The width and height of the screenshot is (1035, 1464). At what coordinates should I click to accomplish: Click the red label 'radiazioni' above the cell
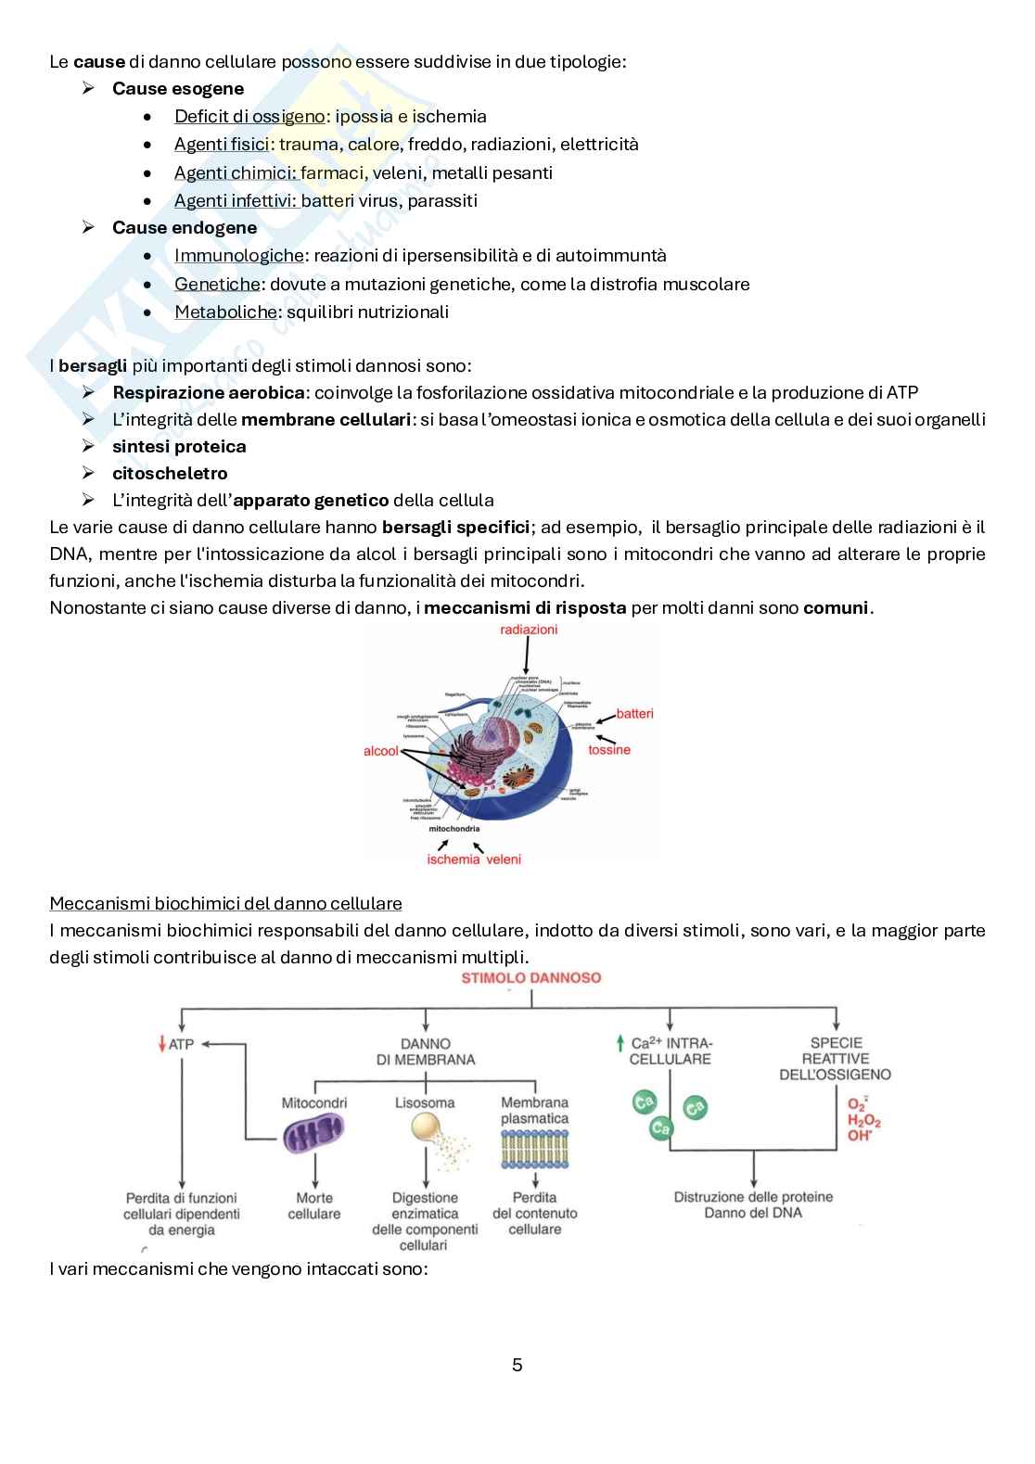[x=529, y=630]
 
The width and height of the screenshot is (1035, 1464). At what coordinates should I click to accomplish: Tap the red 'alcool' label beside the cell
[x=380, y=751]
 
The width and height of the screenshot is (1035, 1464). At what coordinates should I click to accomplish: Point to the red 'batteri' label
[x=634, y=713]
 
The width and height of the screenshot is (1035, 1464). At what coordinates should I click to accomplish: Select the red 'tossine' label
[x=608, y=749]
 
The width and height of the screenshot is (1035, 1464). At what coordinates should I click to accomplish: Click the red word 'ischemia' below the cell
[x=454, y=859]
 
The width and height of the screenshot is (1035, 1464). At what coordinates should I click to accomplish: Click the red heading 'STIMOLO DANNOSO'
[x=530, y=978]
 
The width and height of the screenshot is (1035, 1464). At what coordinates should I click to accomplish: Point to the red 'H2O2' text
[x=864, y=1120]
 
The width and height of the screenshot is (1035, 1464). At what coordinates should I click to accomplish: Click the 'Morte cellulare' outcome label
[x=314, y=1205]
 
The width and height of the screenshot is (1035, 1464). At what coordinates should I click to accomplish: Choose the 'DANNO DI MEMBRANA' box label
[x=426, y=1051]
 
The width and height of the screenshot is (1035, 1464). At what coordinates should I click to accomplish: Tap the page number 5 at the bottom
[x=517, y=1365]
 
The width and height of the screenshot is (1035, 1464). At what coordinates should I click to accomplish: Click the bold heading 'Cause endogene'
[x=185, y=228]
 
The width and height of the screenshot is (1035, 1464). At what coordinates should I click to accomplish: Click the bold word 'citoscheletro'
[x=170, y=474]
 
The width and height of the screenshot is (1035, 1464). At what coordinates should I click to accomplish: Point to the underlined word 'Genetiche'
[x=217, y=285]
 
